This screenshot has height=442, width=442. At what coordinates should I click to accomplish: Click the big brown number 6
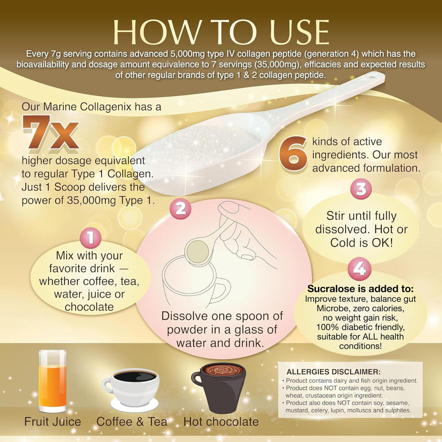tap(293, 154)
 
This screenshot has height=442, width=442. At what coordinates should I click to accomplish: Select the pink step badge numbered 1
tap(91, 237)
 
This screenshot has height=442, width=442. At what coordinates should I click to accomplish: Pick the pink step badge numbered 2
tap(180, 209)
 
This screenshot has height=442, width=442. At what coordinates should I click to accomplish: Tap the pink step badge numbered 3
tap(361, 189)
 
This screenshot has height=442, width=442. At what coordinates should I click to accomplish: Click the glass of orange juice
tap(53, 381)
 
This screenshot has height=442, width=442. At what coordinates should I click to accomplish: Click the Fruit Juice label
tap(53, 422)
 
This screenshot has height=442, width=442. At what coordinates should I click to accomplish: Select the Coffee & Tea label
tap(132, 422)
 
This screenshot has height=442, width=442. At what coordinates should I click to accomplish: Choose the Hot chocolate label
tap(221, 422)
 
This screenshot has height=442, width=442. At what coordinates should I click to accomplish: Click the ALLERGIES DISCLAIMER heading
tap(333, 372)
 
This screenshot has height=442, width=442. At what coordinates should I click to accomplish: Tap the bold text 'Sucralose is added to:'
tap(361, 289)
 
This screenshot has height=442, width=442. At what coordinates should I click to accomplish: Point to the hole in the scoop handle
tap(373, 76)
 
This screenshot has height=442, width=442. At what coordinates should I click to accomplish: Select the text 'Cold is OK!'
tap(361, 243)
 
